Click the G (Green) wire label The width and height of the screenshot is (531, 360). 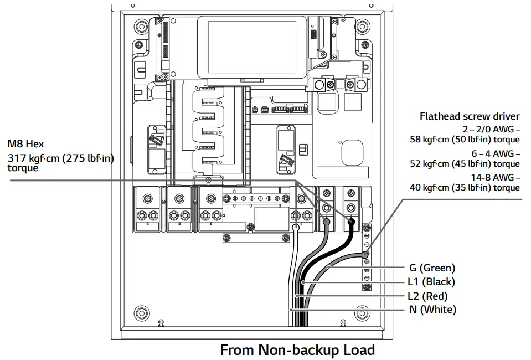[x=432, y=268]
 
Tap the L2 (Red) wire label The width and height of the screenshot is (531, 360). [x=427, y=296]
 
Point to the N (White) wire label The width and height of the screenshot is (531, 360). [x=432, y=310]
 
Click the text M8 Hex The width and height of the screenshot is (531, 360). [x=25, y=145]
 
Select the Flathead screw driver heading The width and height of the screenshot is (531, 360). [x=470, y=116]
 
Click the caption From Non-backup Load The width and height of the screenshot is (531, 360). [x=297, y=350]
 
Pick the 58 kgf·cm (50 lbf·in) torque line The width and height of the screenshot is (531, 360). [x=465, y=140]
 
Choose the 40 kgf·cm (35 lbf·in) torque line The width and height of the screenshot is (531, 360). [x=465, y=187]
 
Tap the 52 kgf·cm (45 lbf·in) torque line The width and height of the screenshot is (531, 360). [x=465, y=163]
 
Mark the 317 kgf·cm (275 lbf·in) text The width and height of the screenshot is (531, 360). [x=60, y=158]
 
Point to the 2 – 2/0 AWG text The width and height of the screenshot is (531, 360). [x=491, y=130]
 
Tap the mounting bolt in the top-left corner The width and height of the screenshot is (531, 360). [x=138, y=26]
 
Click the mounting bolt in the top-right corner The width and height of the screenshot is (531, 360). [x=362, y=26]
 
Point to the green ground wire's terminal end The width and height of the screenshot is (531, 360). [x=365, y=255]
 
